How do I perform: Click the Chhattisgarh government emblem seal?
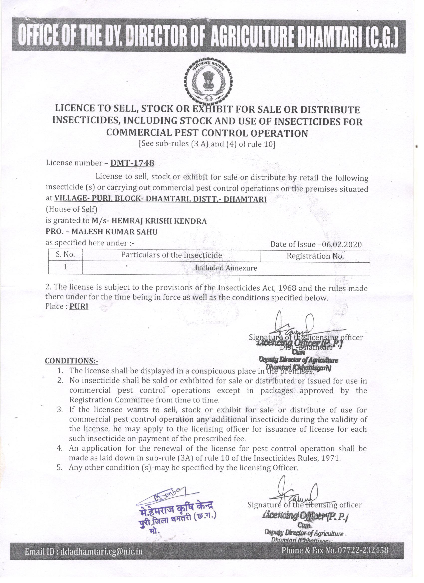209,82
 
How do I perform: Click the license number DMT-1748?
132,163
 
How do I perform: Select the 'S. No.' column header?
65,255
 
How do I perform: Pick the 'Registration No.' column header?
315,256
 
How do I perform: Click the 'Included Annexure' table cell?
226,268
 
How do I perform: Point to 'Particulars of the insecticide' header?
171,255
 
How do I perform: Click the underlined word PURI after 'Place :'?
79,307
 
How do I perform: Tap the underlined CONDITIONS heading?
72,361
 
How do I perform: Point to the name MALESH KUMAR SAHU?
114,232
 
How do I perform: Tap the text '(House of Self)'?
71,209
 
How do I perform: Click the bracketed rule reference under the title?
207,144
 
